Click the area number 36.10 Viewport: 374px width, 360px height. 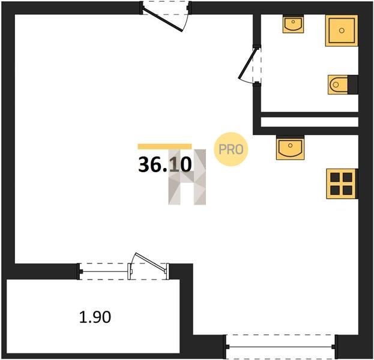pos(165,165)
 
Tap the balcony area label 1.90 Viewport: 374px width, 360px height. pos(95,317)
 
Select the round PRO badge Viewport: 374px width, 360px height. pos(231,149)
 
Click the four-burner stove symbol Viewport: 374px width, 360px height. pos(341,184)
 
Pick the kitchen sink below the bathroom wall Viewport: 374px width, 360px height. pos(291,148)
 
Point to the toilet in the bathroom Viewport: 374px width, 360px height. pos(338,85)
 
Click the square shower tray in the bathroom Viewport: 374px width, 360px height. pos(342,31)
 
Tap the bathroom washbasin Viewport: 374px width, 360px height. pos(293,24)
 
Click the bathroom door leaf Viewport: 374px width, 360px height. pos(248,64)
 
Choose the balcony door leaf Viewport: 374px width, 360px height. pos(150,263)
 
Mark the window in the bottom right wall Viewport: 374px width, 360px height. pos(280,347)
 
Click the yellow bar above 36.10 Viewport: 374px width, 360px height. pos(165,146)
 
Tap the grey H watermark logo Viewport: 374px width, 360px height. pos(187,177)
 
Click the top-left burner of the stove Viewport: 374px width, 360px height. pos(335,178)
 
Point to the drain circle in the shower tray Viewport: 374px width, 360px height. pos(342,31)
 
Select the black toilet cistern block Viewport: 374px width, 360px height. pos(353,85)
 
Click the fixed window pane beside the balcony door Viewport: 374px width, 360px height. pos(104,272)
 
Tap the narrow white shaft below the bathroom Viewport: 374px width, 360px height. pos(310,122)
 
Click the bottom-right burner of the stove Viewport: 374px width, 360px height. pos(347,190)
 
